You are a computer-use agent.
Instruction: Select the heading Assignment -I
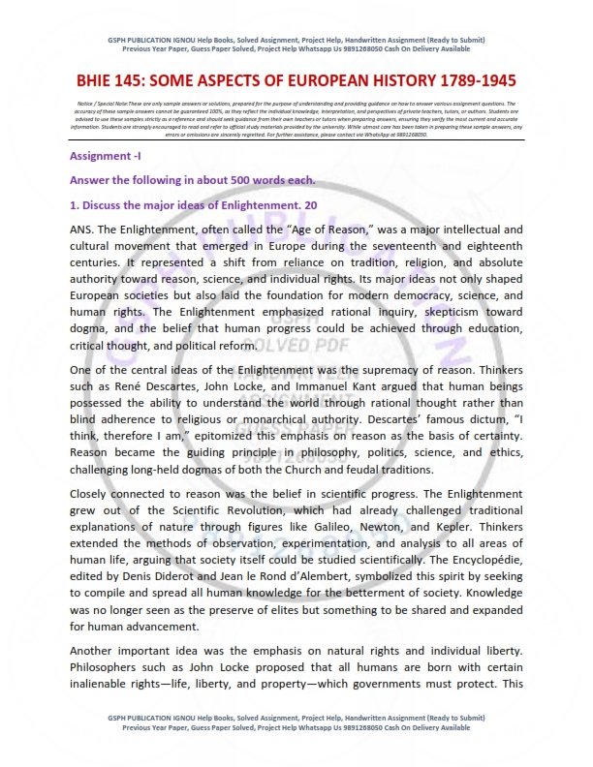click(x=106, y=156)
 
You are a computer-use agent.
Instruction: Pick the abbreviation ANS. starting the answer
click(x=84, y=230)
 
